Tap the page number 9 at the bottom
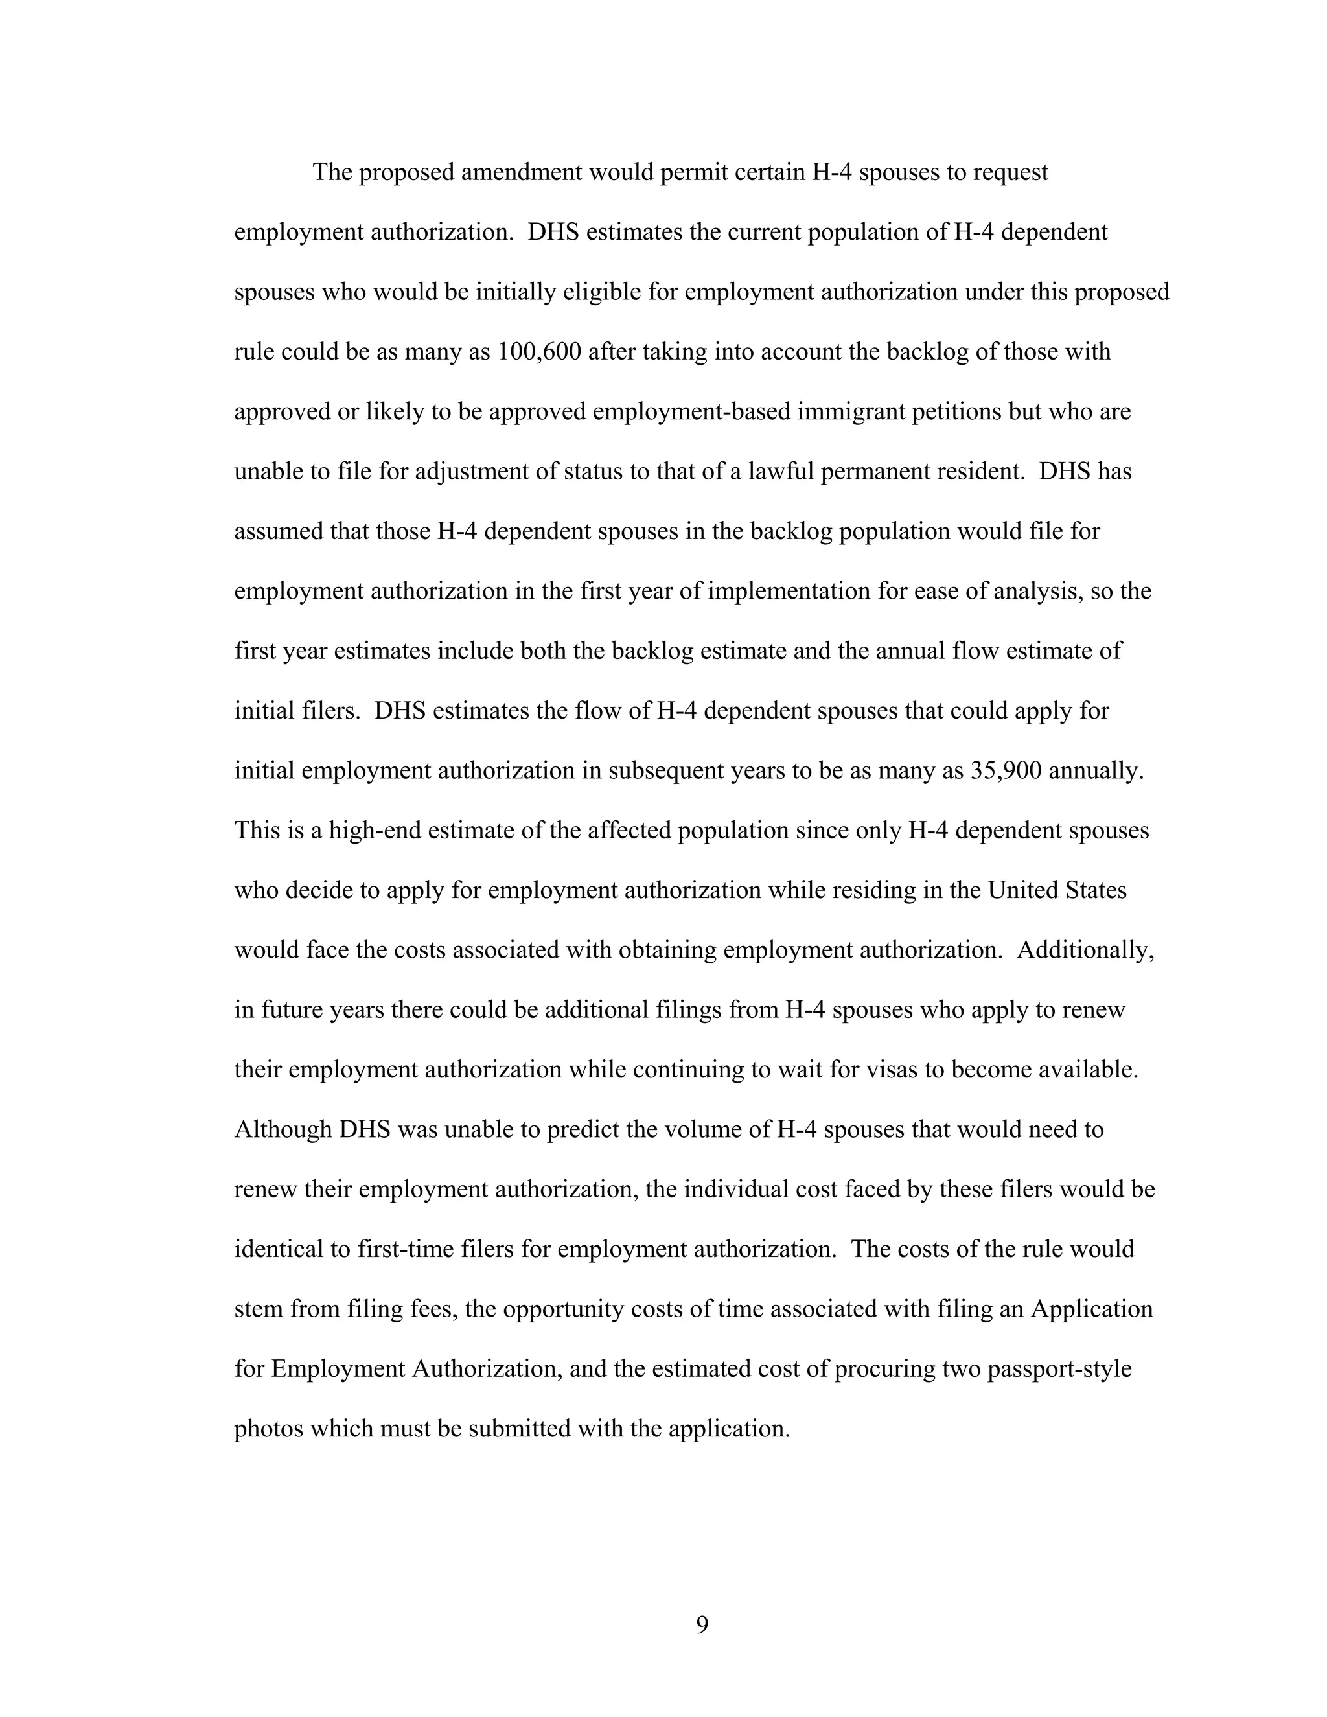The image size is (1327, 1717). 702,1624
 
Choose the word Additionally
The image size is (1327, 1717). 1085,950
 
